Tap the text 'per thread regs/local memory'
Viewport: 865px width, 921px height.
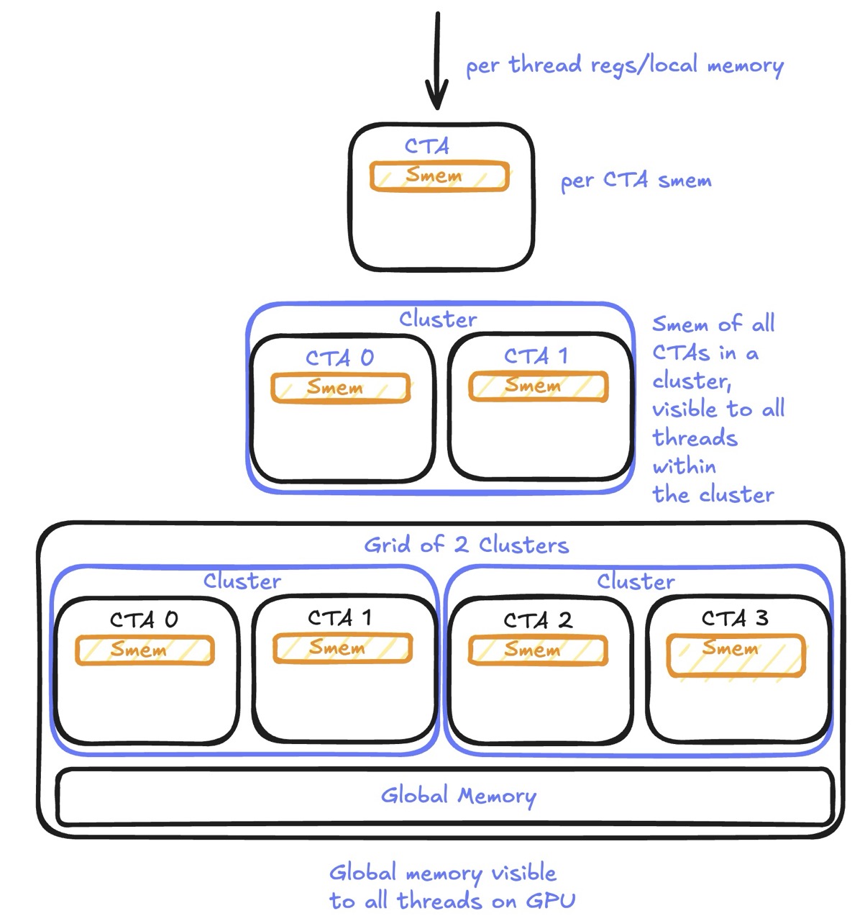[624, 65]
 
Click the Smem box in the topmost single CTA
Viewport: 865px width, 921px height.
[439, 176]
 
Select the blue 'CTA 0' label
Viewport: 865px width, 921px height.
[339, 358]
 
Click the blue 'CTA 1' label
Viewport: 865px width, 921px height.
[536, 355]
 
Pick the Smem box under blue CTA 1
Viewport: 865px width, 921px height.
[538, 386]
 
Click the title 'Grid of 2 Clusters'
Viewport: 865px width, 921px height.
[466, 545]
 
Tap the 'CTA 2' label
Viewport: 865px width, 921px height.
[538, 620]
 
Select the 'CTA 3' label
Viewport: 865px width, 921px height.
[735, 618]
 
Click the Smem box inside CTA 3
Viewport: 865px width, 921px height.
[736, 654]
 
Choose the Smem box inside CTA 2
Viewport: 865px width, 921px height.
[538, 650]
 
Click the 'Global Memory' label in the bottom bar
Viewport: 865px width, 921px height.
[458, 796]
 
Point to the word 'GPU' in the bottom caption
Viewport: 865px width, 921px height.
[551, 900]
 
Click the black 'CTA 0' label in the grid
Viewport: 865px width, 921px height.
[144, 620]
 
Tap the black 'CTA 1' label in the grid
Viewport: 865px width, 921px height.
[339, 617]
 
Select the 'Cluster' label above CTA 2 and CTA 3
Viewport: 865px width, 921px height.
[636, 581]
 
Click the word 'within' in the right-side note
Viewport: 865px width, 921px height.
[684, 466]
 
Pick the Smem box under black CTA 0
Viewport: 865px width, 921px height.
[145, 650]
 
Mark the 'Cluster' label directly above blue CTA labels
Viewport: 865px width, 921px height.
[438, 319]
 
